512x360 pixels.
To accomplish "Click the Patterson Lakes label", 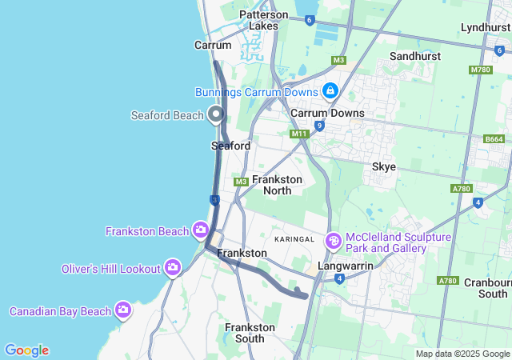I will point(263,20).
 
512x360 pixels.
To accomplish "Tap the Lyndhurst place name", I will point(485,28).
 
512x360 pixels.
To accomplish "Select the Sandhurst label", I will point(415,57).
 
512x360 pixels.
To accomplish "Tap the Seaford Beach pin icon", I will point(215,115).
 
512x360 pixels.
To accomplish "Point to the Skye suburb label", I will point(384,167).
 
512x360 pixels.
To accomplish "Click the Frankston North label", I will point(277,185).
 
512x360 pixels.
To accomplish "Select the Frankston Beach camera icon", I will point(200,231).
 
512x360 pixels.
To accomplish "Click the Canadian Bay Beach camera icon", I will point(122,310).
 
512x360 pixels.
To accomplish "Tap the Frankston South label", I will point(250,333).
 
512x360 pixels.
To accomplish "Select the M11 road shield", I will point(299,134).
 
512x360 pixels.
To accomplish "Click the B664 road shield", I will point(494,139).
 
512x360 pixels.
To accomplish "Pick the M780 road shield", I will point(480,70).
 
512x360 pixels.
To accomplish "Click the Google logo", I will point(26,350).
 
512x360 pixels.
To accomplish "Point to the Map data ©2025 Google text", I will point(462,354).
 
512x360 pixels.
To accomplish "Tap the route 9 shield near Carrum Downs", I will point(319,126).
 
